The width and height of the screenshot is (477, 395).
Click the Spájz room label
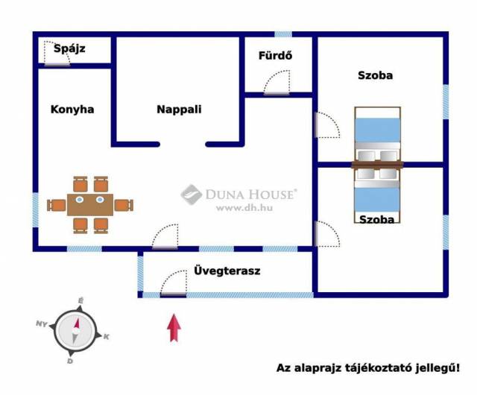coord(70,49)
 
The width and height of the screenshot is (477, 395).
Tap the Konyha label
coord(72,109)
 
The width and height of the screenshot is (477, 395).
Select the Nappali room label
coord(179,109)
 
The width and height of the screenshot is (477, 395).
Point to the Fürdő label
coord(275,55)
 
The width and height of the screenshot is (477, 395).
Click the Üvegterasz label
coord(226,271)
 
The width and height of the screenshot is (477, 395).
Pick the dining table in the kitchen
coord(90,203)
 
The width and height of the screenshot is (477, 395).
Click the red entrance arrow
coord(174,328)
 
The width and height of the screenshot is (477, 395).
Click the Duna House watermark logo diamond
coord(192,195)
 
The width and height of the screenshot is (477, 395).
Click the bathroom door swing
coord(278,82)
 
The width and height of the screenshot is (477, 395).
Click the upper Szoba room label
coord(375,75)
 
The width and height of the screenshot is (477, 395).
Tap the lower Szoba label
coord(376,219)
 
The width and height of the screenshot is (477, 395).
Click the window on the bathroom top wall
coord(283,34)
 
